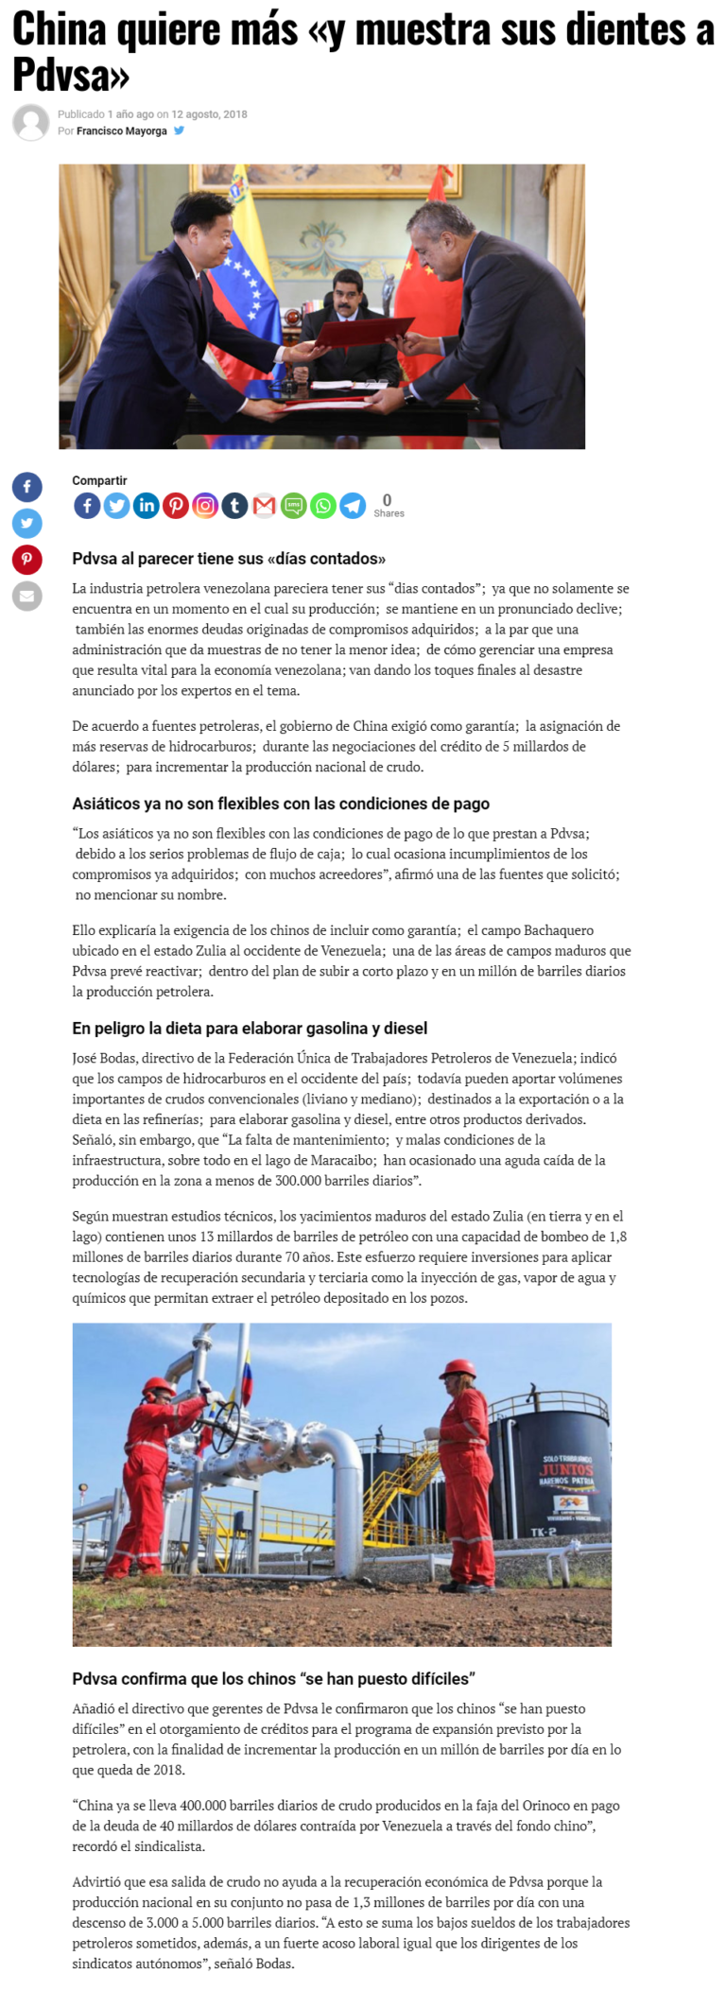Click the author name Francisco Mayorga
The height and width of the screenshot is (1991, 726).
point(121,131)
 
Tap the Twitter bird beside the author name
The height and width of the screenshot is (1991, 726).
point(180,130)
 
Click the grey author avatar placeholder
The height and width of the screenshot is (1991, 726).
point(31,123)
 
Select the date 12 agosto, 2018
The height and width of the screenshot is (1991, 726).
point(209,114)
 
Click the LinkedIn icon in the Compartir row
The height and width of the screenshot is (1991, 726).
point(147,505)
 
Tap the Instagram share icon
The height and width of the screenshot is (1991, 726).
point(205,505)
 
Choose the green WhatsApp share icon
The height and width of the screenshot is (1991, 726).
point(323,505)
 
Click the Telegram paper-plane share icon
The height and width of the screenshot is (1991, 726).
point(353,505)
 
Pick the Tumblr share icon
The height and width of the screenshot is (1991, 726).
point(234,505)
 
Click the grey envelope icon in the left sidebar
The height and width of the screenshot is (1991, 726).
point(26,596)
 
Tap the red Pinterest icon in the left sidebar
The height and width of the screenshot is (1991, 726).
point(26,559)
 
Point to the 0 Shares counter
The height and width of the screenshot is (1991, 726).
point(388,505)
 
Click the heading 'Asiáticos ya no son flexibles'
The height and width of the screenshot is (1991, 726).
point(281,804)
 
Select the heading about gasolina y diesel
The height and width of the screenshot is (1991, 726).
point(250,1028)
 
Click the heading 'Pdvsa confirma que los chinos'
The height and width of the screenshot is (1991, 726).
point(273,1678)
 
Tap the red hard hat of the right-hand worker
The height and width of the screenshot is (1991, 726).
point(458,1368)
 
